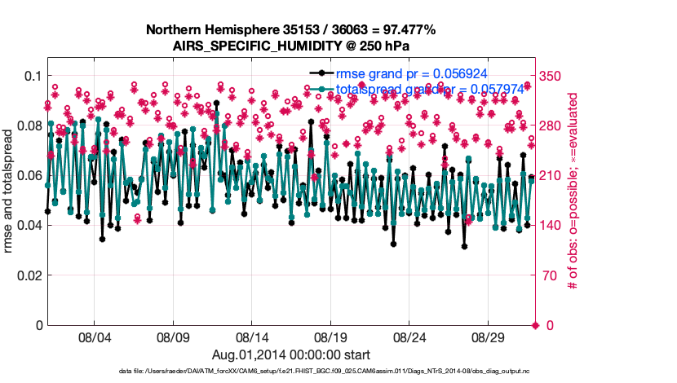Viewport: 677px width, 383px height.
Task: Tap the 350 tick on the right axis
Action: click(552, 76)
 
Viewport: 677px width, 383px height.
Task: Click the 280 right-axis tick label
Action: click(552, 125)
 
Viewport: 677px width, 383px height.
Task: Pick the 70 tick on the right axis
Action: click(548, 275)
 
